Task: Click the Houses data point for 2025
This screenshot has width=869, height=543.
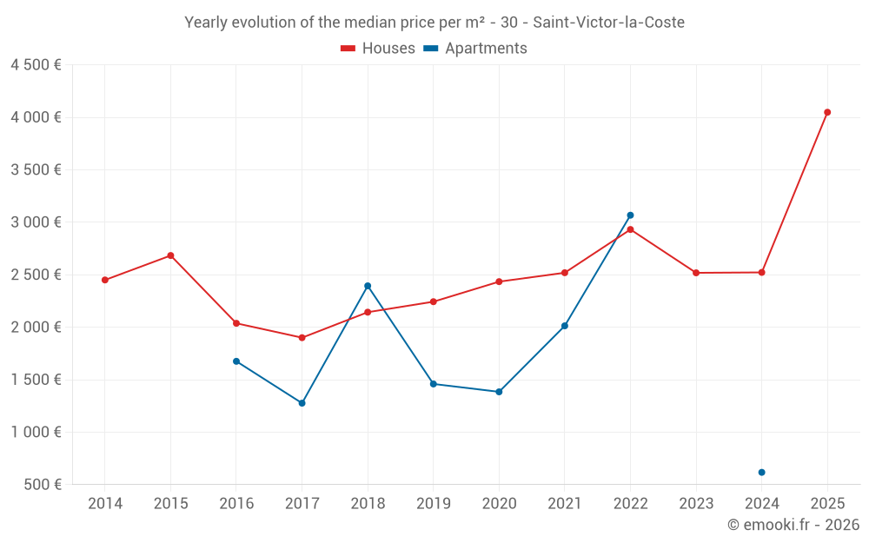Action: pyautogui.click(x=827, y=112)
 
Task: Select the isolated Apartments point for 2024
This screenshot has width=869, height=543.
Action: pyautogui.click(x=761, y=473)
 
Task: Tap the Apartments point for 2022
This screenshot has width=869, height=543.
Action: pyautogui.click(x=630, y=215)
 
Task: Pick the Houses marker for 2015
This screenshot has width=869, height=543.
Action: pyautogui.click(x=170, y=255)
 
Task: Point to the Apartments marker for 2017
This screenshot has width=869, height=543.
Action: pyautogui.click(x=302, y=403)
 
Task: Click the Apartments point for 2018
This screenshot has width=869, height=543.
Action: pyautogui.click(x=368, y=286)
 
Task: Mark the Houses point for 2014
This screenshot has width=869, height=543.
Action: pyautogui.click(x=105, y=280)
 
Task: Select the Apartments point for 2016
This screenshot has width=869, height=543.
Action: pyautogui.click(x=236, y=361)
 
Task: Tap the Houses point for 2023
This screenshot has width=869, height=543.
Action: pyautogui.click(x=696, y=273)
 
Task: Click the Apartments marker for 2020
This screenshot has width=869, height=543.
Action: pyautogui.click(x=499, y=392)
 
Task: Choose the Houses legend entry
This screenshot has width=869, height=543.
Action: pyautogui.click(x=378, y=49)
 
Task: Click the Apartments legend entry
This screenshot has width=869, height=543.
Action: pyautogui.click(x=475, y=49)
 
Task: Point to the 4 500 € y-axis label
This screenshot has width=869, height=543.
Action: pyautogui.click(x=36, y=65)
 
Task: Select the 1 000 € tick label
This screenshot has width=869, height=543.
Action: pyautogui.click(x=36, y=432)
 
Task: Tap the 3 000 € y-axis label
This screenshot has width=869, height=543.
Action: pyautogui.click(x=36, y=222)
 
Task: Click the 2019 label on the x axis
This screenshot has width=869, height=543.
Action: pyautogui.click(x=433, y=504)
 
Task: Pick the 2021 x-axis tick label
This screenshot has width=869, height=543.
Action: pyautogui.click(x=565, y=504)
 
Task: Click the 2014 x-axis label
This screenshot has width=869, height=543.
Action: pyautogui.click(x=105, y=504)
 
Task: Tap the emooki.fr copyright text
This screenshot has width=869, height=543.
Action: pyautogui.click(x=793, y=525)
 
